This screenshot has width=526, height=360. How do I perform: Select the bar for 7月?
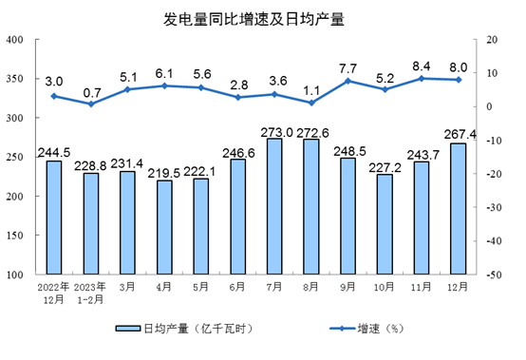tap(275, 206)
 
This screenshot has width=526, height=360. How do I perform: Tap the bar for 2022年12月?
tap(54, 218)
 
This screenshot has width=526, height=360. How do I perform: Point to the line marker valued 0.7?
tap(91, 104)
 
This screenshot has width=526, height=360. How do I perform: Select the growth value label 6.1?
tap(164, 71)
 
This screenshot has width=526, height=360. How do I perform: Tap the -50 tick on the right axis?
tap(494, 275)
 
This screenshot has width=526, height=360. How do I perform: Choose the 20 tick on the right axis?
tap(492, 40)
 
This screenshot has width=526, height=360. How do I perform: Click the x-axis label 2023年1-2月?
tap(91, 294)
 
